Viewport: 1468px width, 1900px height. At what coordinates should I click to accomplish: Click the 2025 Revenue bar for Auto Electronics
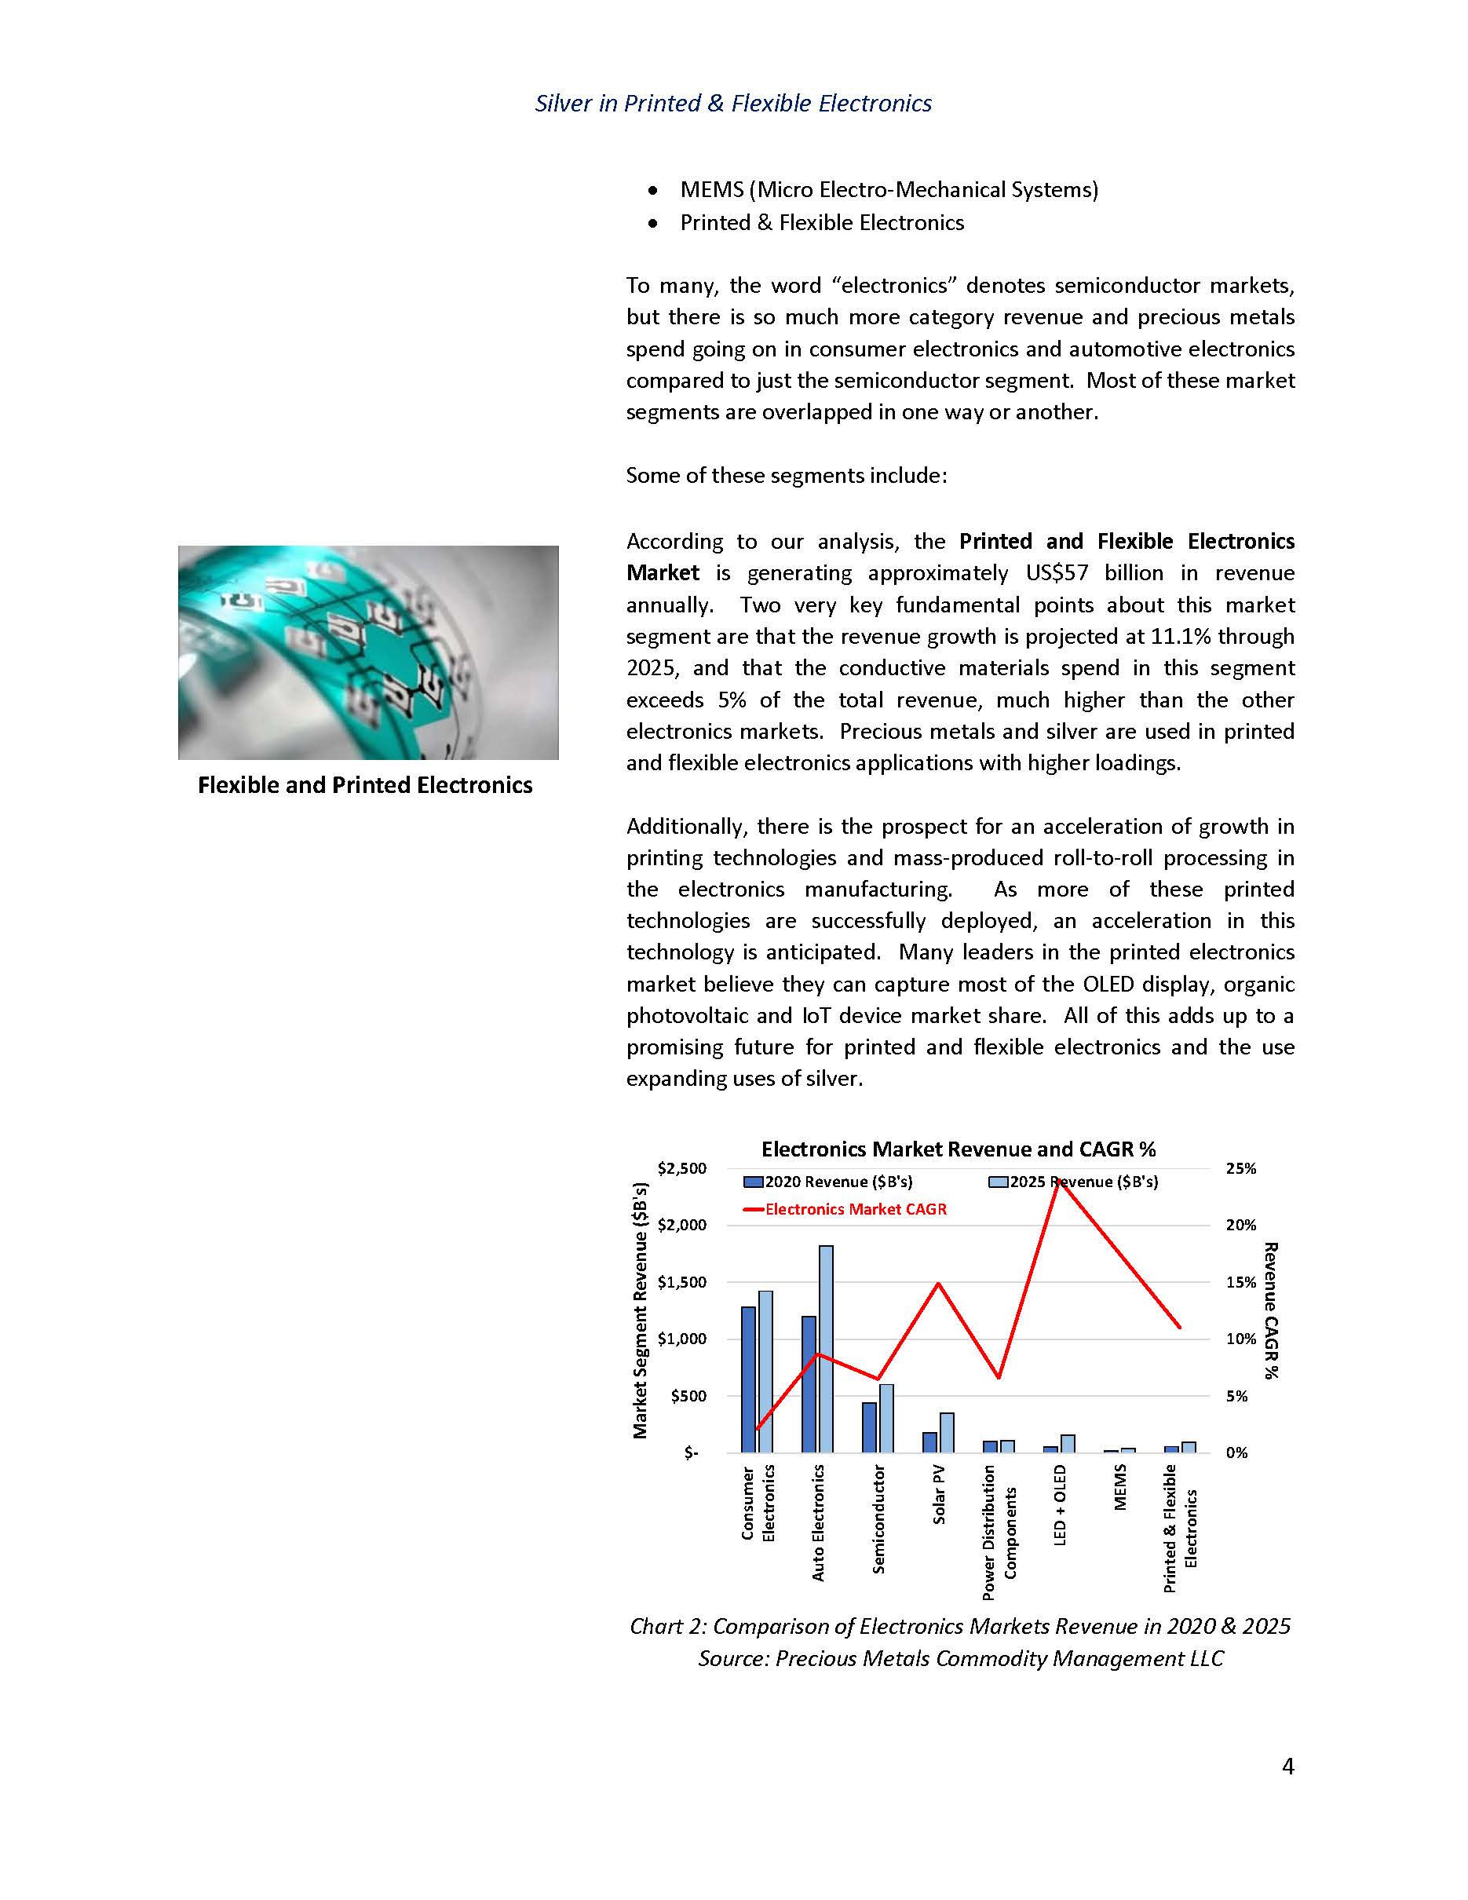pyautogui.click(x=825, y=1348)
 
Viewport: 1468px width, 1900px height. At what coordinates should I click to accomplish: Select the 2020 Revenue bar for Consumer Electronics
pyautogui.click(x=748, y=1379)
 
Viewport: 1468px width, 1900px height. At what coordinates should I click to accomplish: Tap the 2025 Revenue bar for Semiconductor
pyautogui.click(x=886, y=1418)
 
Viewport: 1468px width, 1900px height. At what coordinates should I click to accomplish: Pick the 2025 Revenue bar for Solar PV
pyautogui.click(x=947, y=1432)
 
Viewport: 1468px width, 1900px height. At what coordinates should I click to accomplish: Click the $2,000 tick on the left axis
pyautogui.click(x=682, y=1225)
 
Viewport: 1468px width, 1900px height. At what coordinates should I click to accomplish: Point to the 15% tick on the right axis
pyautogui.click(x=1241, y=1282)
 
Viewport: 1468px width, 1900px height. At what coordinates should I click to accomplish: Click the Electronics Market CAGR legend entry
pyautogui.click(x=855, y=1209)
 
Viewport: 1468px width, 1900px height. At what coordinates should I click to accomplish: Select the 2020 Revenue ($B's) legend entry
pyautogui.click(x=838, y=1182)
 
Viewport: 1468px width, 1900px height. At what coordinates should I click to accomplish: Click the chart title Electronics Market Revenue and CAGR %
pyautogui.click(x=959, y=1149)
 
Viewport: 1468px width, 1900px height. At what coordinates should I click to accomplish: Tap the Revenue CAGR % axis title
pyautogui.click(x=1271, y=1310)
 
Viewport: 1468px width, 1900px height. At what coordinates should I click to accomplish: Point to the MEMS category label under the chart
pyautogui.click(x=1120, y=1487)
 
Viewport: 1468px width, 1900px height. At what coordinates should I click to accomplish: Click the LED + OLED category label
pyautogui.click(x=1059, y=1504)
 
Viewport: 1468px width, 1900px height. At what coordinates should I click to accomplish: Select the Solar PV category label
pyautogui.click(x=939, y=1495)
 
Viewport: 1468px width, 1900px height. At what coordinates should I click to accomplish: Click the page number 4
pyautogui.click(x=1288, y=1766)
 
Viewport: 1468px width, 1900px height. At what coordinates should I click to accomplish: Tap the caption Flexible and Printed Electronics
pyautogui.click(x=365, y=786)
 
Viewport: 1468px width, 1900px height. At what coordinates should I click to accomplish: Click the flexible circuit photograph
pyautogui.click(x=368, y=652)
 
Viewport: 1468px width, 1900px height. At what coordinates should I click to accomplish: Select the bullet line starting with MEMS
pyautogui.click(x=889, y=190)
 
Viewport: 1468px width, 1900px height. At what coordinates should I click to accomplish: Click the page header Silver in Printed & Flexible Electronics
pyautogui.click(x=733, y=104)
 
